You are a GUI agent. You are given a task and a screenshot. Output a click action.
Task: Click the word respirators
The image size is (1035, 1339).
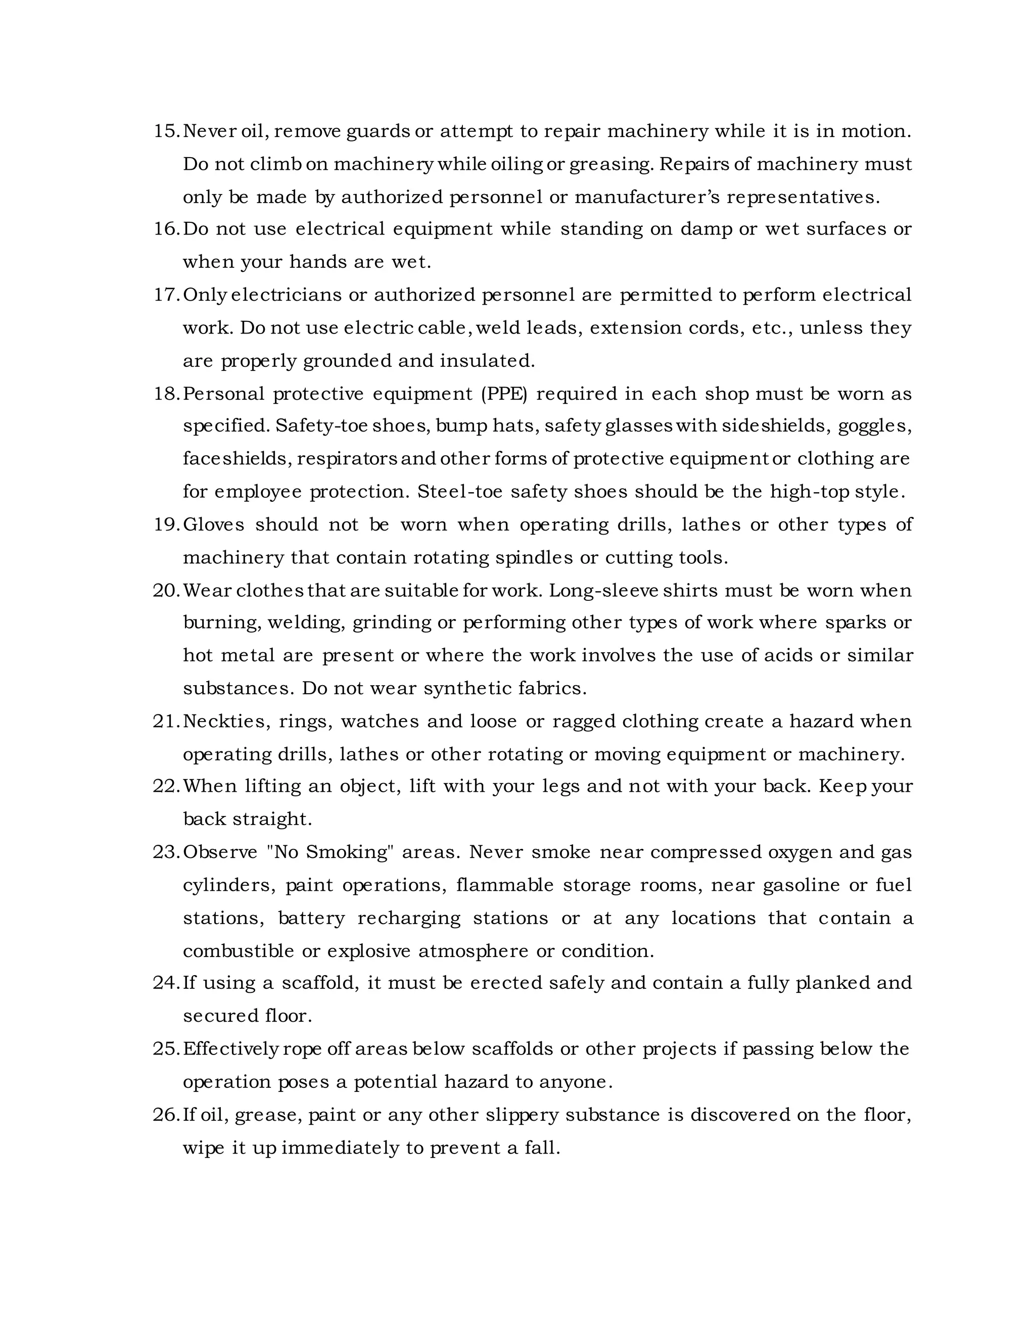[348, 459]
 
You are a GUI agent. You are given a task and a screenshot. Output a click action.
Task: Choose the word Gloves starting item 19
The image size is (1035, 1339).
[213, 525]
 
